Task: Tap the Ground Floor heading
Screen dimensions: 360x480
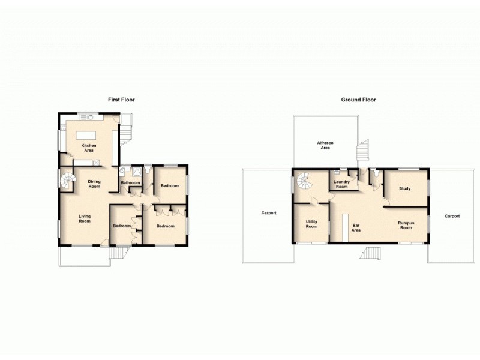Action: [x=358, y=100]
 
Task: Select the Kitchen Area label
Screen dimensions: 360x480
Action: [x=89, y=148]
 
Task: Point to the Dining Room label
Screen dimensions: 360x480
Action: [x=94, y=184]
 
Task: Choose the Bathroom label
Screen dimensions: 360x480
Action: [x=131, y=182]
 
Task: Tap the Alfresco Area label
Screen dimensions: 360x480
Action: [x=325, y=145]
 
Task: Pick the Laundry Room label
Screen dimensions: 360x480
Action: [x=341, y=184]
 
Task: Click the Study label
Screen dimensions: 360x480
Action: [x=404, y=188]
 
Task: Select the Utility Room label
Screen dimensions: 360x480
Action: [x=311, y=224]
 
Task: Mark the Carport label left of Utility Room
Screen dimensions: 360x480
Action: [x=268, y=213]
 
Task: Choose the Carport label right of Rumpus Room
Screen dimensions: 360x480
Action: [x=452, y=215]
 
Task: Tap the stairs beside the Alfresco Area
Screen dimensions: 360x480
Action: [x=363, y=151]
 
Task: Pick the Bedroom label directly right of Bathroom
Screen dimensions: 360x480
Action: [x=170, y=185]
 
